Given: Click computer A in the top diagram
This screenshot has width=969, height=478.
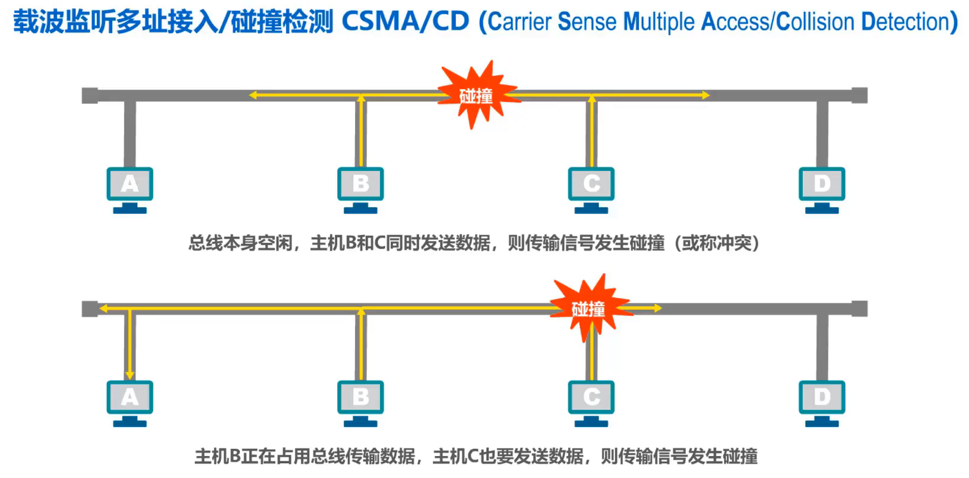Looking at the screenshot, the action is [130, 191].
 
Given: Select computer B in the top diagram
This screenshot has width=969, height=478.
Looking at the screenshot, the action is [360, 191].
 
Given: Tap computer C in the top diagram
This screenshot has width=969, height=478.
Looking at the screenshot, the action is [591, 191].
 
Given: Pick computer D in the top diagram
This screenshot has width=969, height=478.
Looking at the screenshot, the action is [822, 191].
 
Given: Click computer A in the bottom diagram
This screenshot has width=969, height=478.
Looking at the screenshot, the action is [130, 404].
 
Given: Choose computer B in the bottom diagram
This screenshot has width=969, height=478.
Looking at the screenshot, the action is [360, 404].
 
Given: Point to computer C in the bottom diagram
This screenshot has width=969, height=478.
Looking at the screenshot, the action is [591, 404].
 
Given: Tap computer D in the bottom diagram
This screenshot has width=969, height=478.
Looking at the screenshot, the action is [822, 404].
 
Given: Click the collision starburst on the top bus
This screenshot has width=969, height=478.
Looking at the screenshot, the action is [477, 95].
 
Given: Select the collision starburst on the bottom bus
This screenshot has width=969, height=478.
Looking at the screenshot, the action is [590, 308].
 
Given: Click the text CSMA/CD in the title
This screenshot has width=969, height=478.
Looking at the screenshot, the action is [406, 21].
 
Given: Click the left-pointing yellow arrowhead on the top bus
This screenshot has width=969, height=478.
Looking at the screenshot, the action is [252, 95].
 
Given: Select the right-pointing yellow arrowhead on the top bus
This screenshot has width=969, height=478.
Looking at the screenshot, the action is [705, 95].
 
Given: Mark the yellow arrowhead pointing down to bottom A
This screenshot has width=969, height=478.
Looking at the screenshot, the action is [129, 375].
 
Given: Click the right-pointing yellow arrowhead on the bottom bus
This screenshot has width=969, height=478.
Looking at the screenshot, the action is [658, 308].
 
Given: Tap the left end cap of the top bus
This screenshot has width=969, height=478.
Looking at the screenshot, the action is [90, 96].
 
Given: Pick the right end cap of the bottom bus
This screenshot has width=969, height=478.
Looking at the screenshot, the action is [860, 309].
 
